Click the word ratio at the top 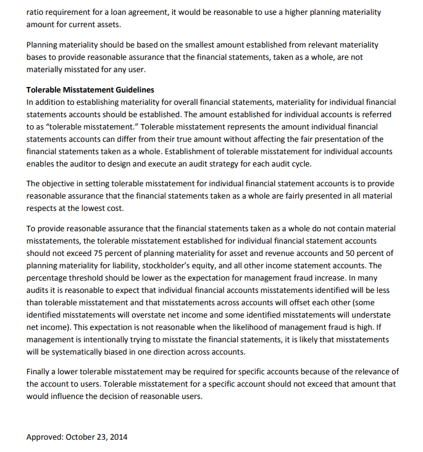coord(35,12)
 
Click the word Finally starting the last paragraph coord(39,372)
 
